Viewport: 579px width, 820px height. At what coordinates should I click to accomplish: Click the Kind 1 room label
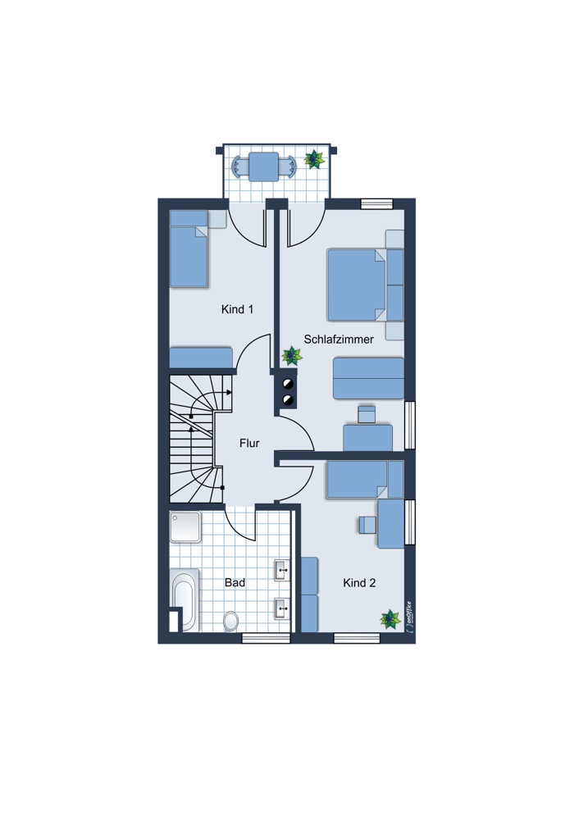click(238, 309)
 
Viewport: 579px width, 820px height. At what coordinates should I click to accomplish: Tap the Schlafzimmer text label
click(339, 339)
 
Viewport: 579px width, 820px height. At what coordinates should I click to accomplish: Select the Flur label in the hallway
click(249, 443)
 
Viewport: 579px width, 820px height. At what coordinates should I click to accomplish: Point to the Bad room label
click(235, 582)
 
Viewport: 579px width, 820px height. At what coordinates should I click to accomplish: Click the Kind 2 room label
click(359, 582)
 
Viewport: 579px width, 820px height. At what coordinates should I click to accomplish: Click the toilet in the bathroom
click(230, 622)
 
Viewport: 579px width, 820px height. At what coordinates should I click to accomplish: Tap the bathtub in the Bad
click(185, 600)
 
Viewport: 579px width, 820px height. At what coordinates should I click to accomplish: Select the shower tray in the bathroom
click(185, 526)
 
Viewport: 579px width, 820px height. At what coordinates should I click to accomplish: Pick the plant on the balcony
click(314, 159)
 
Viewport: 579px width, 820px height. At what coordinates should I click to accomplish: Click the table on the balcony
click(263, 166)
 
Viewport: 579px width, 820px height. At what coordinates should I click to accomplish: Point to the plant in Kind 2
click(390, 619)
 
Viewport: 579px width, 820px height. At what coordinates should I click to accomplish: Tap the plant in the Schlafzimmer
click(292, 356)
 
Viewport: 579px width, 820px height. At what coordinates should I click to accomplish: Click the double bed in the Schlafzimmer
click(366, 285)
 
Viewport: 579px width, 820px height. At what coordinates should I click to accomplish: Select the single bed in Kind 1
click(189, 249)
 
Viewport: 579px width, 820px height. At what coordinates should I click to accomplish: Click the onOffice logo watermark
click(409, 617)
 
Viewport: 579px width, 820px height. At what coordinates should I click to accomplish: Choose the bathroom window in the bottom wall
click(266, 638)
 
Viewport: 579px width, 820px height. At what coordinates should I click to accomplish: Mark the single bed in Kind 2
click(365, 479)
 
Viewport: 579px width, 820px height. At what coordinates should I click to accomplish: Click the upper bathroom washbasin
click(282, 570)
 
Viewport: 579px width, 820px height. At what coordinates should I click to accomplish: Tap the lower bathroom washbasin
click(282, 608)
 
